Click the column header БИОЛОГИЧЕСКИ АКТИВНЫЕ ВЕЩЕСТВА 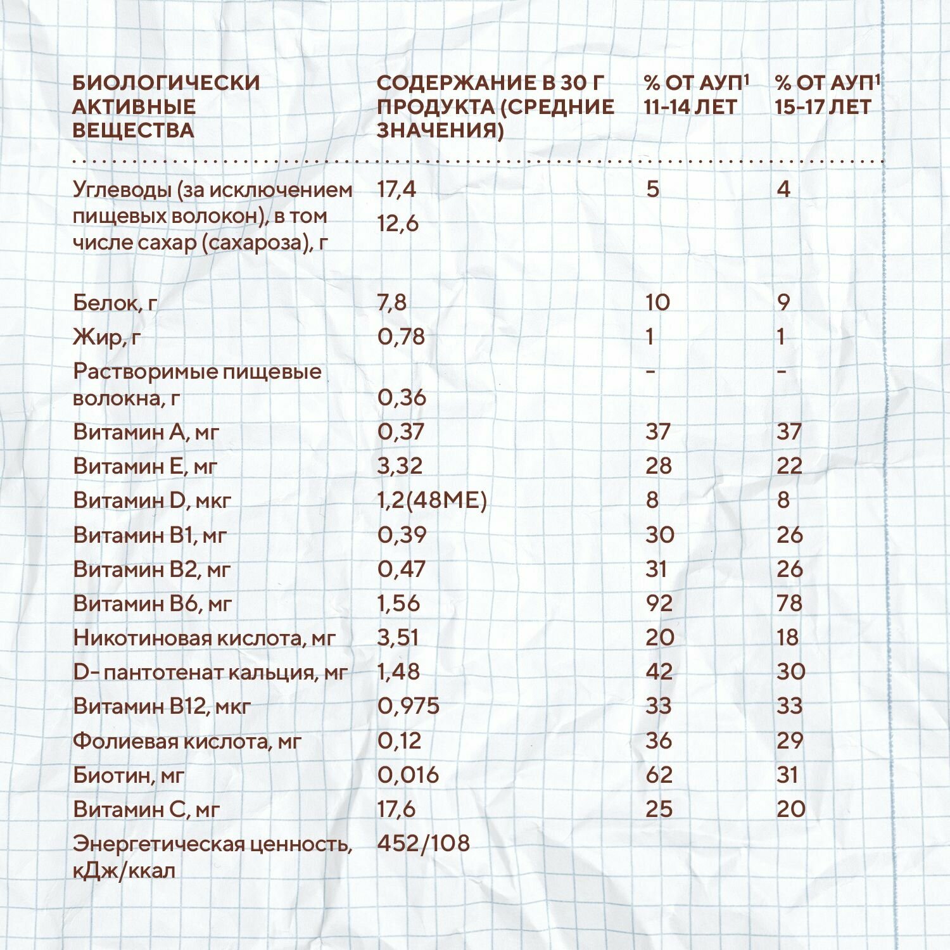pos(166,106)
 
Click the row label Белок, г pos(115,303)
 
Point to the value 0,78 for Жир pos(401,337)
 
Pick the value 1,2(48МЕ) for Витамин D pos(432,500)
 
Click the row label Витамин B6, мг pos(152,604)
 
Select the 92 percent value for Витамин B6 pos(659,604)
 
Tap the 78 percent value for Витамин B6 pos(789,604)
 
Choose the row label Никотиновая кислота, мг pos(203,638)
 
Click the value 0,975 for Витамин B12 pos(408,706)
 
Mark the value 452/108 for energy pos(423,843)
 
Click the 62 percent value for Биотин pos(659,775)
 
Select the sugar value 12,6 pos(398,224)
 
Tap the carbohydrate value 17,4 pos(396,189)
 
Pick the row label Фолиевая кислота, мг pos(187,741)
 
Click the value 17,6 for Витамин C pos(396,809)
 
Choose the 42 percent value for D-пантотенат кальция pos(659,672)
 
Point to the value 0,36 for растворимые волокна pos(402,398)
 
